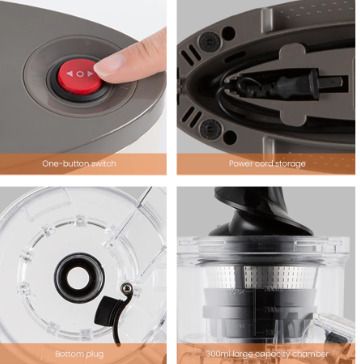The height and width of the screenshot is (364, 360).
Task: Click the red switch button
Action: pyautogui.click(x=80, y=77)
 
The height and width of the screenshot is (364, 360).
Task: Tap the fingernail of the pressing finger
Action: pyautogui.click(x=106, y=63)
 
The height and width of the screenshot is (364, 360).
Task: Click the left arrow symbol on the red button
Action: pyautogui.click(x=69, y=74)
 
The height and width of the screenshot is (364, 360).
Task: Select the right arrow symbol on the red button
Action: pyautogui.click(x=90, y=74)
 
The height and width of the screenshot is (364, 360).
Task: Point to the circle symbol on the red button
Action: pyautogui.click(x=80, y=74)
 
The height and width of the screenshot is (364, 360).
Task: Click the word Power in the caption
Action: pyautogui.click(x=239, y=164)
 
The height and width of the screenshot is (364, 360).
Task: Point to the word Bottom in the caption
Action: pyautogui.click(x=67, y=354)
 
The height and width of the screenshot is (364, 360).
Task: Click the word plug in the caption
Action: pyautogui.click(x=93, y=355)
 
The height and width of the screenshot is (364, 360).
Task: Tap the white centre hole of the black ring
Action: pyautogui.click(x=78, y=278)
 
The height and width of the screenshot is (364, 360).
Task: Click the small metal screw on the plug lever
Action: pyautogui.click(x=126, y=288)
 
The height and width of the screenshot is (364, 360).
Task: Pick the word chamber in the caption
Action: pyautogui.click(x=312, y=354)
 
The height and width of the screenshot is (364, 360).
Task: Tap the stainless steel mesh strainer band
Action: pyautogui.click(x=263, y=277)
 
